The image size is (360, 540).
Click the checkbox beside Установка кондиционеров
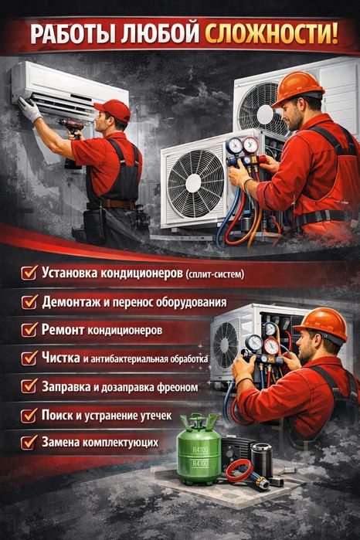click(29, 273)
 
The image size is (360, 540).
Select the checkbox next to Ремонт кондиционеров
click(29, 330)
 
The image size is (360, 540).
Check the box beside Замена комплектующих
click(29, 442)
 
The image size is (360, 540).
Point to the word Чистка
click(60, 358)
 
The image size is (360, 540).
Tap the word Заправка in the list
click(66, 386)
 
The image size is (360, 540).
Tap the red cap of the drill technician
click(114, 109)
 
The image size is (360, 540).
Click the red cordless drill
click(73, 138)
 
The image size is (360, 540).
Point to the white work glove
click(29, 110)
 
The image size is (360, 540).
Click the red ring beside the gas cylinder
click(239, 470)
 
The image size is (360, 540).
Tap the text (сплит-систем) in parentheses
click(215, 274)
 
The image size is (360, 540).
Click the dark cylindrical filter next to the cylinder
click(262, 460)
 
